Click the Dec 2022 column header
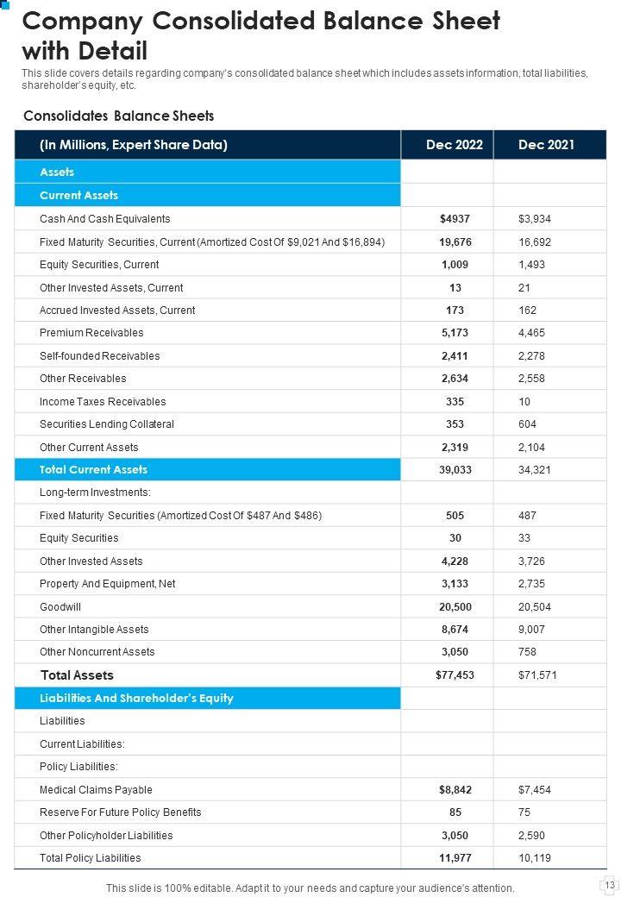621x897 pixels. click(x=455, y=145)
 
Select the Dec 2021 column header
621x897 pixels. click(x=546, y=145)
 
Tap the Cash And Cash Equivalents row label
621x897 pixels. click(x=104, y=219)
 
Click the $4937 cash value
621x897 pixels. click(x=455, y=219)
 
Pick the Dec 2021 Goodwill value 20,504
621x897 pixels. click(x=535, y=606)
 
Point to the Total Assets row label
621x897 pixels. click(x=77, y=675)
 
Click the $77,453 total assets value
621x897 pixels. click(x=455, y=675)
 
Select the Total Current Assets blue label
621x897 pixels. click(x=93, y=470)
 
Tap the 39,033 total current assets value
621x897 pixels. click(x=455, y=470)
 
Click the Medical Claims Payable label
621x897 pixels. click(x=96, y=789)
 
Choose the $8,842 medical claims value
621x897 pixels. click(x=455, y=789)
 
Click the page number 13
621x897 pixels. click(x=609, y=885)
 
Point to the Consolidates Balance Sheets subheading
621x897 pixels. click(x=118, y=116)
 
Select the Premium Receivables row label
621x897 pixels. click(x=91, y=333)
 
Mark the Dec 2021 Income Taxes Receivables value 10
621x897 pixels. click(x=524, y=401)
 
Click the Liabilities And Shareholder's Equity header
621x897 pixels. click(x=136, y=698)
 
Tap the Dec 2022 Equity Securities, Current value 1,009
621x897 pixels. click(x=455, y=265)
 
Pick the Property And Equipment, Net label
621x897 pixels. click(x=107, y=584)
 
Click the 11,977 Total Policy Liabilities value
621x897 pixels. click(x=455, y=857)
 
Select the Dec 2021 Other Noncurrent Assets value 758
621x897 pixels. click(x=527, y=652)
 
